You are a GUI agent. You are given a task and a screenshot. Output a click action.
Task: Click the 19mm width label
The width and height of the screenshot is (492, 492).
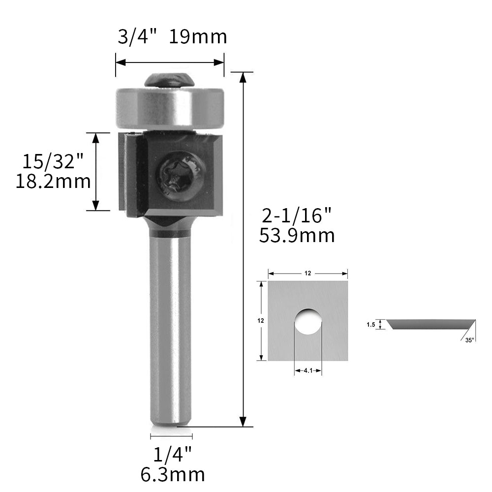tap(198, 37)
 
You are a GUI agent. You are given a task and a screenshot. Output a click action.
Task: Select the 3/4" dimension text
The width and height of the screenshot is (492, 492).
tap(137, 37)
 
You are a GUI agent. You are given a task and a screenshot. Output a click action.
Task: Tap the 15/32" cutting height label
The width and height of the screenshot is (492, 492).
tap(53, 161)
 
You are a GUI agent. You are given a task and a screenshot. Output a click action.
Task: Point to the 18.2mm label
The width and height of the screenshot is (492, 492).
tap(53, 182)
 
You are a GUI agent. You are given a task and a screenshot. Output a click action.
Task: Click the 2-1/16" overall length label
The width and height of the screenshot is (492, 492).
tap(297, 216)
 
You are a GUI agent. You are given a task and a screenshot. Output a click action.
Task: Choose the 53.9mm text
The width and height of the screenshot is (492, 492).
tap(297, 236)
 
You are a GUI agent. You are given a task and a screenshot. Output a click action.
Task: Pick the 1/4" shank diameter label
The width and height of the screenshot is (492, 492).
tap(172, 455)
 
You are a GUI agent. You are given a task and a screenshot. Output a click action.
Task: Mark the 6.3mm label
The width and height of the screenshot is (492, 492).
tap(173, 475)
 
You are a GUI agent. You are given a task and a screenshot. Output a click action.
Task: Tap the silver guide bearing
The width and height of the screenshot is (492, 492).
tap(170, 108)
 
